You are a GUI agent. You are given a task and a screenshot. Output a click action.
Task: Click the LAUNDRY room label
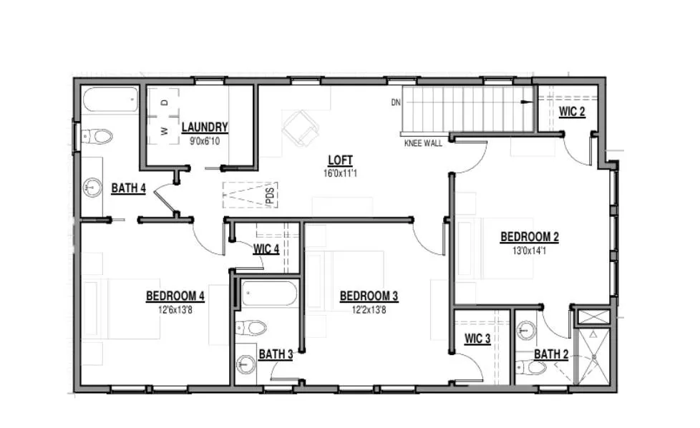tap(205, 127)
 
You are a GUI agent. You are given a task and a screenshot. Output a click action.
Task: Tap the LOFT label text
tap(340, 160)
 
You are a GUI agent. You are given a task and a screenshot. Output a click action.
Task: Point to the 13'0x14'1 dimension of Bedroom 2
tap(529, 251)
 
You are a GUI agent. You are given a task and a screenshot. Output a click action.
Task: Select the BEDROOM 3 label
tap(369, 296)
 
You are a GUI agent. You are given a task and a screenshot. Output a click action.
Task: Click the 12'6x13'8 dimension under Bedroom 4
tap(175, 309)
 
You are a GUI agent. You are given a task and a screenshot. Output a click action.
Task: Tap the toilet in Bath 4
tap(97, 136)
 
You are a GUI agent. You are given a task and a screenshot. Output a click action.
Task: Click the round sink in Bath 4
tap(92, 187)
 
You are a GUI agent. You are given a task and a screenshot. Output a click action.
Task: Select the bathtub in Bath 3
tap(268, 293)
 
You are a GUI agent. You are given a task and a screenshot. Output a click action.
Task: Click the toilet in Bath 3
tap(251, 328)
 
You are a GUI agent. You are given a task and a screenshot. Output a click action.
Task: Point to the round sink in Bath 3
tap(246, 364)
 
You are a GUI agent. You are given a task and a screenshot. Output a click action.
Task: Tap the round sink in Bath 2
tap(526, 330)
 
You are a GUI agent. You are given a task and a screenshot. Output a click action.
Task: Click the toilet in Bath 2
tap(531, 367)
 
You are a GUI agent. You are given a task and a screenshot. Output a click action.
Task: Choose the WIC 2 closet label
tap(572, 112)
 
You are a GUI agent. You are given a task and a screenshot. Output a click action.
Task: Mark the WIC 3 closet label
tap(477, 339)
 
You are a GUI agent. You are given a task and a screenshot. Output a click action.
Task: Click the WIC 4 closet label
tap(266, 248)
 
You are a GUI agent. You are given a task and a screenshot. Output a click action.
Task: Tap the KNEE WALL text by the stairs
tap(423, 143)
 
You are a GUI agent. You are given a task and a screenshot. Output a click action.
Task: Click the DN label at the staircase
tap(396, 102)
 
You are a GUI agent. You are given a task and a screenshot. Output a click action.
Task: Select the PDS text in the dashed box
tap(270, 196)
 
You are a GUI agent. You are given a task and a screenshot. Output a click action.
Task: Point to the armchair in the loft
tap(301, 128)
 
